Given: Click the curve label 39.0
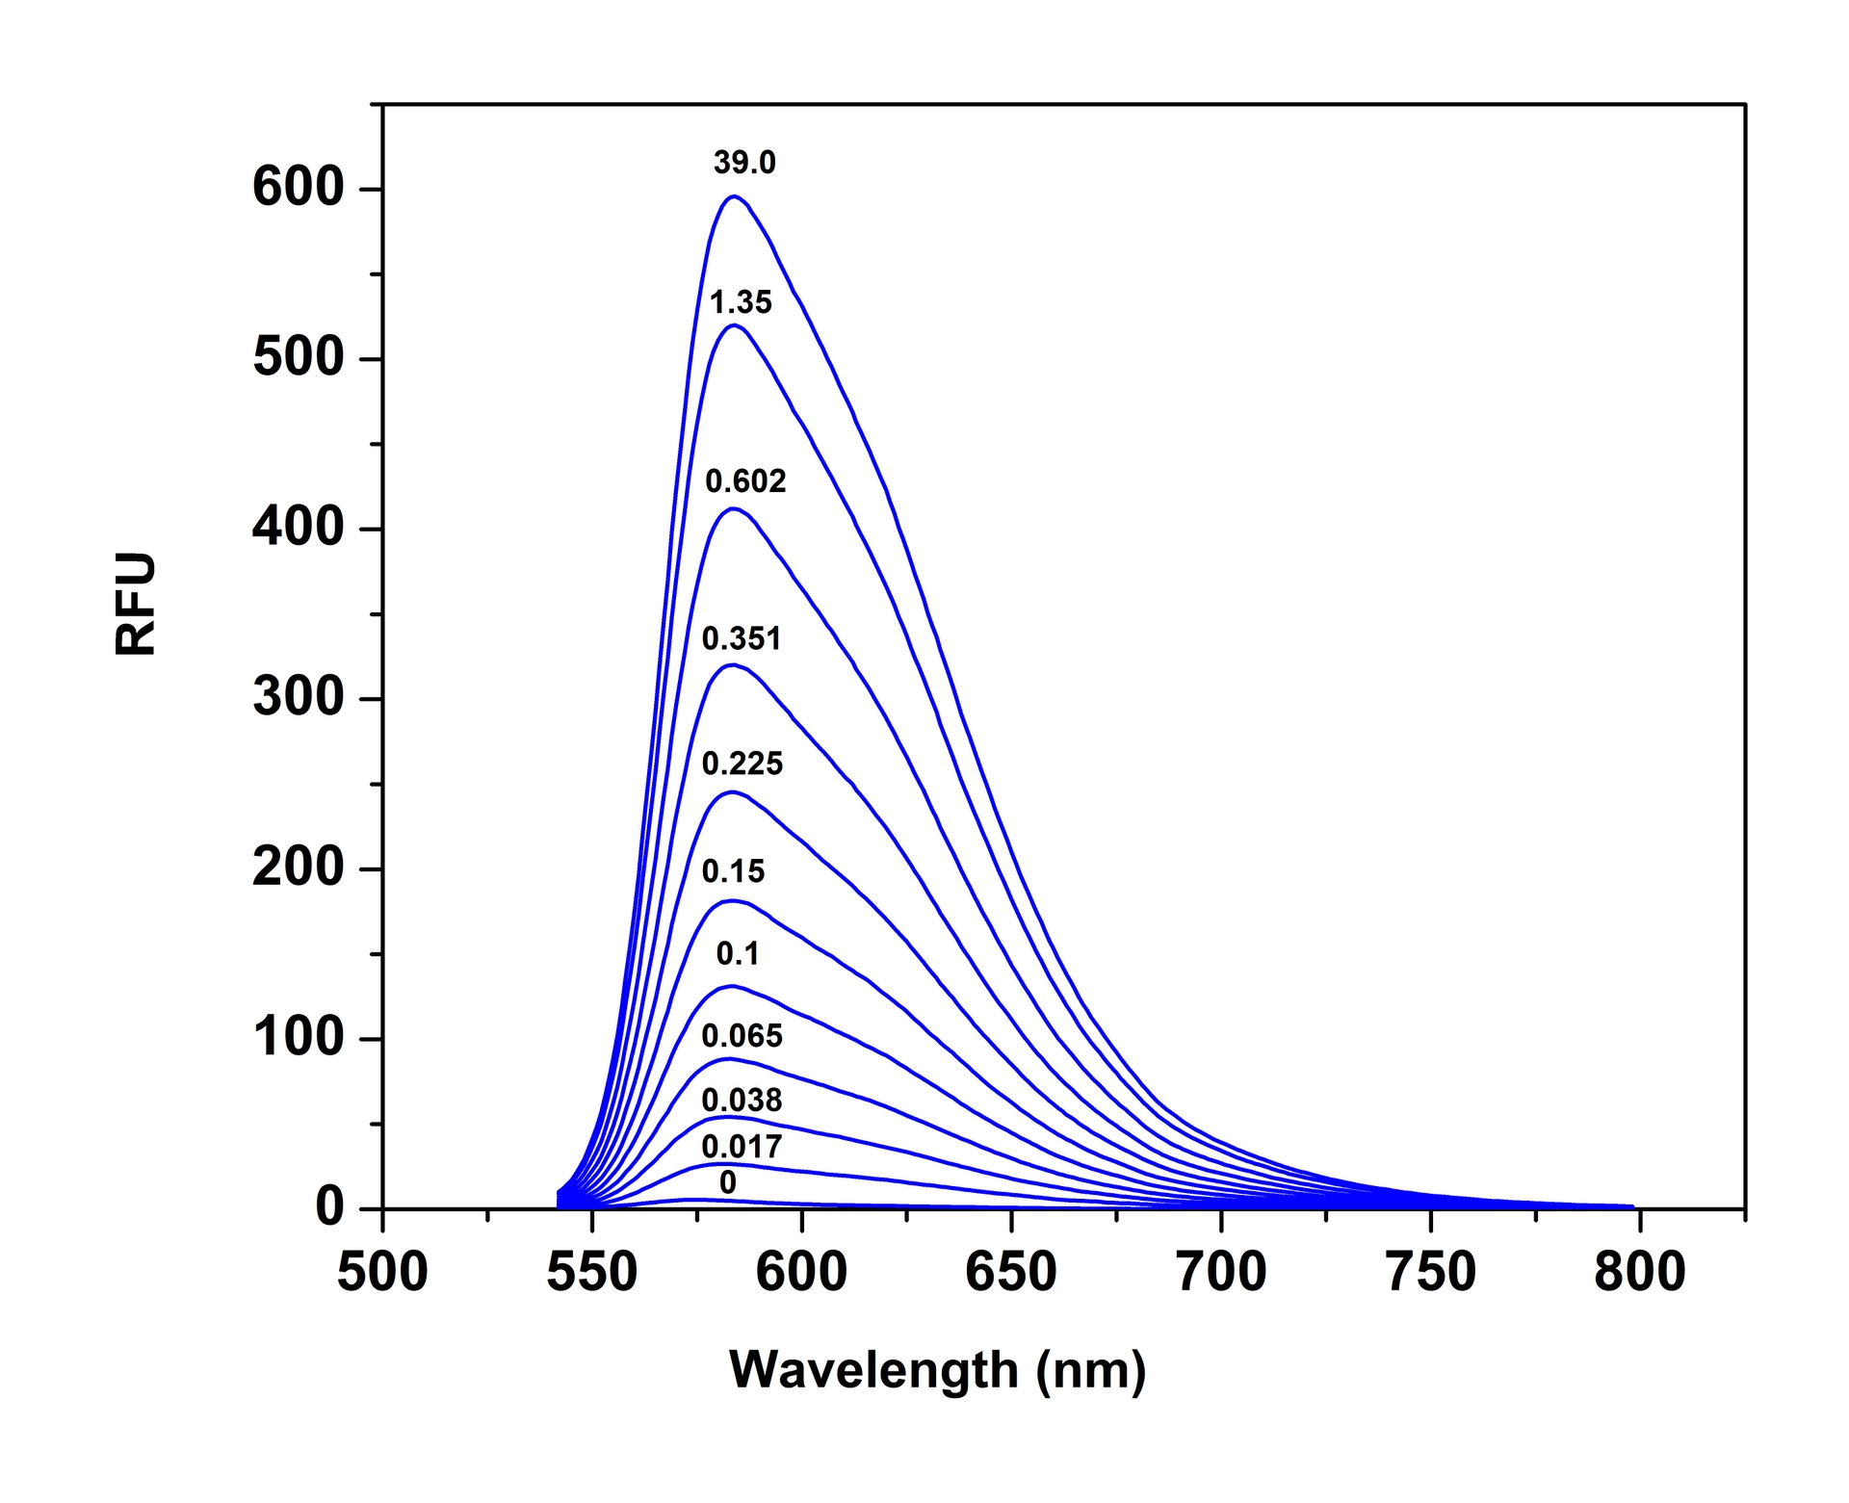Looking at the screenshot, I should tap(744, 163).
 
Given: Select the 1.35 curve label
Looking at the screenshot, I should tap(741, 302).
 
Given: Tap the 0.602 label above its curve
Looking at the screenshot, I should tap(745, 480).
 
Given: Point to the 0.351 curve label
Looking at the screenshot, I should tap(741, 638).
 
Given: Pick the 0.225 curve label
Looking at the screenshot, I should tap(742, 764).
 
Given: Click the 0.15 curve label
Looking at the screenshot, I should tap(733, 871).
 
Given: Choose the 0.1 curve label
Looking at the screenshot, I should tap(738, 953).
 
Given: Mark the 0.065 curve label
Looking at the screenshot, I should tap(742, 1036).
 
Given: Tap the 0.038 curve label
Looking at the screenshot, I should tap(742, 1100).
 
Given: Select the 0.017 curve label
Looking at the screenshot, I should tap(742, 1146).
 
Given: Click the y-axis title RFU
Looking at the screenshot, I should tap(136, 604).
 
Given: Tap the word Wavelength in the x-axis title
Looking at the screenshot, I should tap(873, 1369).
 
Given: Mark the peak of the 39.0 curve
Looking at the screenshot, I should tap(735, 196).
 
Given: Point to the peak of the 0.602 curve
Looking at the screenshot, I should tap(734, 508).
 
